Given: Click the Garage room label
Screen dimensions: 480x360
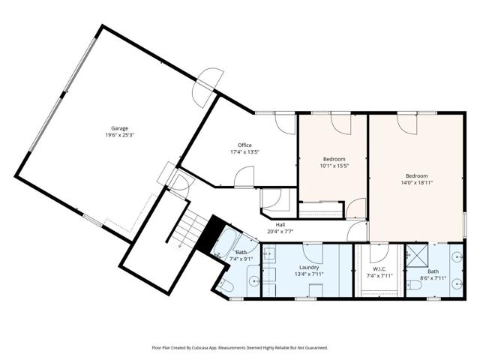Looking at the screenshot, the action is point(119,128).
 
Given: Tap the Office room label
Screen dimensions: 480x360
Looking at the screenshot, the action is point(244,145).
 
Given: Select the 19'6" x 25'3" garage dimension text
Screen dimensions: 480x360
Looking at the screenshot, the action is point(120,135).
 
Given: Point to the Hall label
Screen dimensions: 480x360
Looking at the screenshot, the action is point(280,225).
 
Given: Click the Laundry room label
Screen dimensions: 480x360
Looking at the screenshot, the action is point(309,268).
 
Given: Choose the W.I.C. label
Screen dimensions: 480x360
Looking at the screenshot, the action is point(379,269).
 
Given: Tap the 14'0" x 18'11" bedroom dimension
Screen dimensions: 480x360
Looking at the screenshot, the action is point(417,183).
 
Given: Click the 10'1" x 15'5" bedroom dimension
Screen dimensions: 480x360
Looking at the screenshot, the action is point(334,166).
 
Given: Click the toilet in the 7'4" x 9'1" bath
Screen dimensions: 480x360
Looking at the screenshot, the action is point(226,286).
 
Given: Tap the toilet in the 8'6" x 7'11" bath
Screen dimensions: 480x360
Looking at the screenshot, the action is point(415,285).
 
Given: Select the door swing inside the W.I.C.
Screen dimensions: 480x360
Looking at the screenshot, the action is point(379,253).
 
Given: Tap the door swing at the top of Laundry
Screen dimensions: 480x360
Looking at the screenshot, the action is point(313,253).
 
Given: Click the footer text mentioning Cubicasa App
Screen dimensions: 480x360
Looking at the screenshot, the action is point(240,348).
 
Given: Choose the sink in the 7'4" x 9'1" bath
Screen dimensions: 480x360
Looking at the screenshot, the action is point(254,280).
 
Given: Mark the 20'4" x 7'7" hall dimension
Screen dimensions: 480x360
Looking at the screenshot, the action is point(280,232).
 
